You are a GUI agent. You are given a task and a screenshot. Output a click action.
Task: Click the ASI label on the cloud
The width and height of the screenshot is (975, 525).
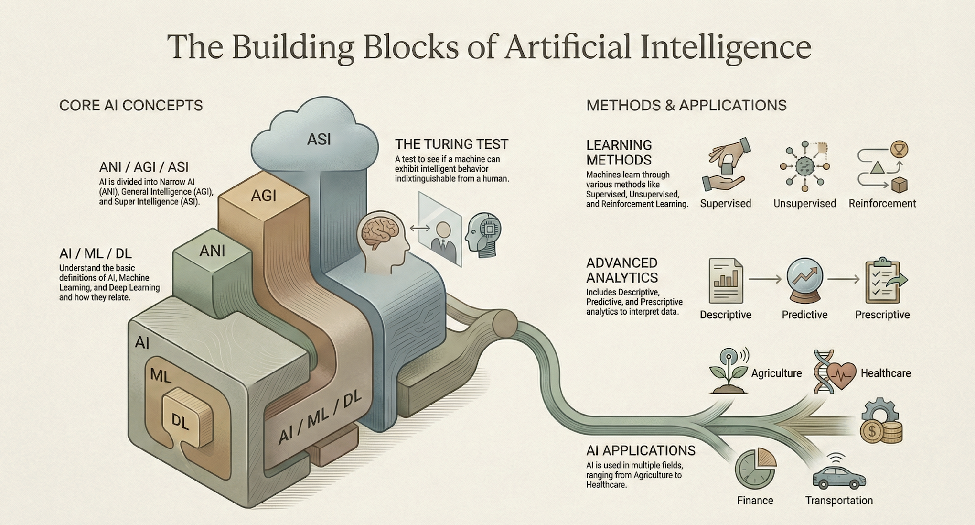[x=319, y=139]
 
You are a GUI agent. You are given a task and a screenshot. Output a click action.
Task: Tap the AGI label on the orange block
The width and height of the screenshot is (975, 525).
[x=264, y=195]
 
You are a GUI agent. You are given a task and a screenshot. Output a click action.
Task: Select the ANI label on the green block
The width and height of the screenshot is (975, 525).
[x=212, y=251]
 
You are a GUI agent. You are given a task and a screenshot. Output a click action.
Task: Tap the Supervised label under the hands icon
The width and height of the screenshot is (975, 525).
[x=725, y=204]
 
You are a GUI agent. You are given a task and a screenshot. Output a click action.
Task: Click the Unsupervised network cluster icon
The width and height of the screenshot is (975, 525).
[x=805, y=166]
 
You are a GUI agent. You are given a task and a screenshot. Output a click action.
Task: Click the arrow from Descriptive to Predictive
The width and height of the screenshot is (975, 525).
[x=764, y=279]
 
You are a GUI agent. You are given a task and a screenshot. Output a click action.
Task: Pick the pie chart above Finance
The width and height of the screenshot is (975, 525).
[x=755, y=469]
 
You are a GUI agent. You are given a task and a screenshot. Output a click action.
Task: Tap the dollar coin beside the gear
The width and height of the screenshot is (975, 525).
[x=873, y=432]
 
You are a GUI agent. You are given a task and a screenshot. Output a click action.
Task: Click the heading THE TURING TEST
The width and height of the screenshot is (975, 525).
[x=451, y=144]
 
